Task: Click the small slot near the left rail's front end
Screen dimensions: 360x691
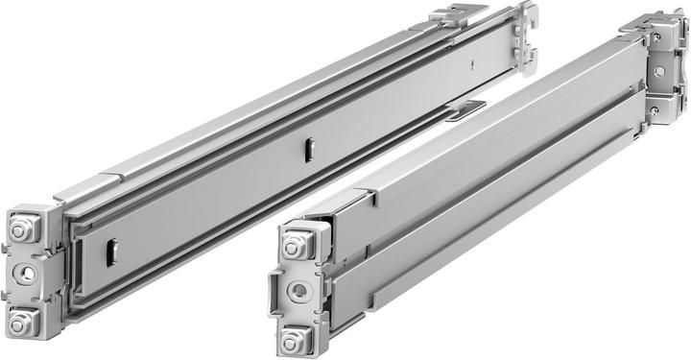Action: (110, 252)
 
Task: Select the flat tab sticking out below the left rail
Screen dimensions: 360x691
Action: (466, 109)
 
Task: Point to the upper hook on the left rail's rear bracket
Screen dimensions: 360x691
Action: (527, 16)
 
